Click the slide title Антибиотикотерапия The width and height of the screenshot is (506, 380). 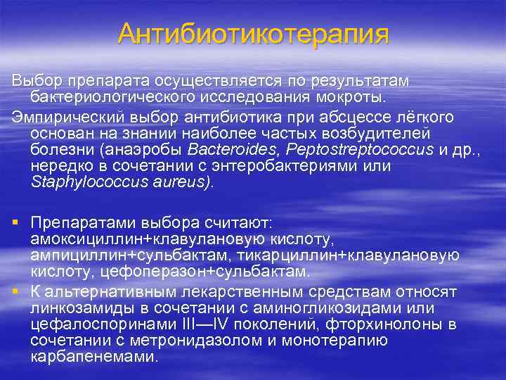point(253,34)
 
